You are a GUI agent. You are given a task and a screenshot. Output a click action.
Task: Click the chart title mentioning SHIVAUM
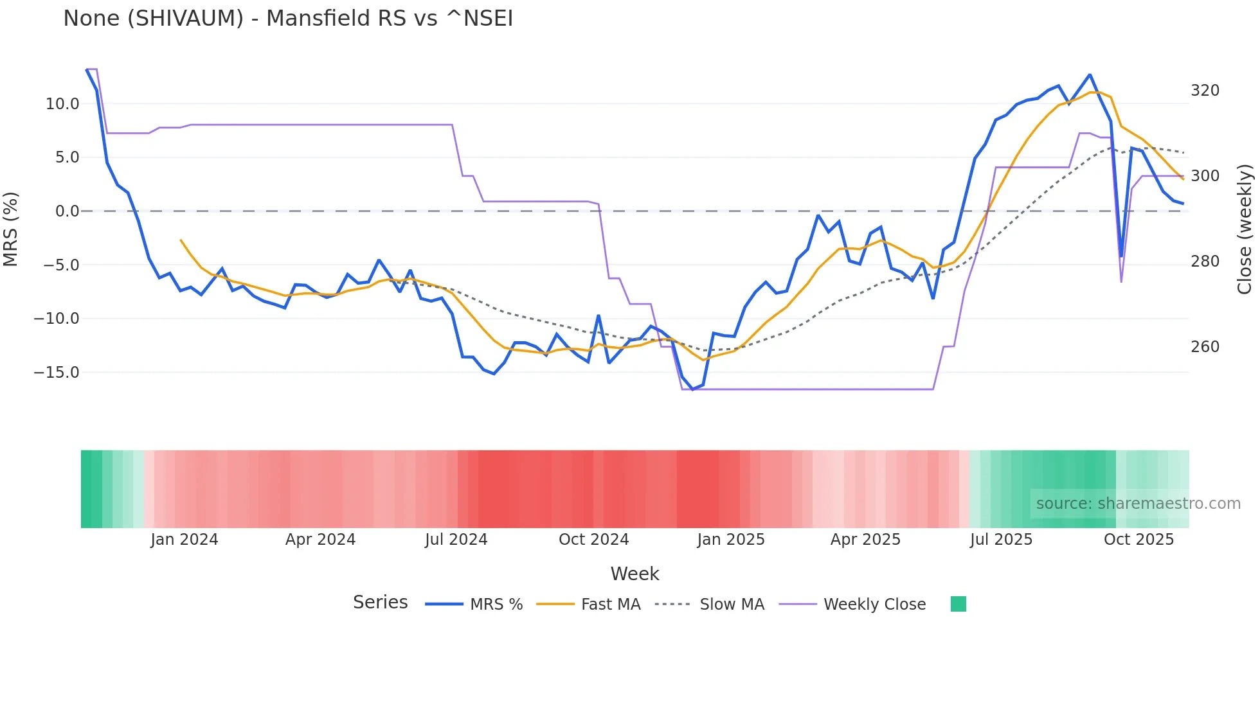(288, 19)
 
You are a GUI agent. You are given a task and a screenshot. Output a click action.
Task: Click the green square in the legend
(958, 604)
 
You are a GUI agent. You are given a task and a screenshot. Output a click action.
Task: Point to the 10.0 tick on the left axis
(62, 104)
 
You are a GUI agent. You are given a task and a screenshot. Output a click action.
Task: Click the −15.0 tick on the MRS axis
(57, 373)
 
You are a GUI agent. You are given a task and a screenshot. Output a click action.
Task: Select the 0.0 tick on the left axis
(67, 211)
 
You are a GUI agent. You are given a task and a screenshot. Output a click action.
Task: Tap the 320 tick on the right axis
(1205, 91)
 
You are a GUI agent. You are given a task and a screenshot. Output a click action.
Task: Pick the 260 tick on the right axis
(1205, 347)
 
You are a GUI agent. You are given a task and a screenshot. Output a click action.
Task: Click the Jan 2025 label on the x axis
(731, 540)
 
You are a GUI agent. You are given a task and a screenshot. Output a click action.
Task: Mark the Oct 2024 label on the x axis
(593, 540)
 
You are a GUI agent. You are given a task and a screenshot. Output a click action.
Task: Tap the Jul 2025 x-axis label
(1001, 540)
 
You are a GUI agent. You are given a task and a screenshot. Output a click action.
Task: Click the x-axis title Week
(634, 574)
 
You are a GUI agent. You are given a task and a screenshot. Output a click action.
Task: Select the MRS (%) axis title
(11, 229)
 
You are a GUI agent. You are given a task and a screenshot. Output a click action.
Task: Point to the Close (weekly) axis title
(1245, 229)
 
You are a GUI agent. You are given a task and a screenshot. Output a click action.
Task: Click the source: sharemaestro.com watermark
(1138, 504)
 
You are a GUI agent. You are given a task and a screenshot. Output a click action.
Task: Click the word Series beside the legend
(380, 603)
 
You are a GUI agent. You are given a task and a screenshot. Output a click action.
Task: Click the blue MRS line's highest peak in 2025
(1090, 75)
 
